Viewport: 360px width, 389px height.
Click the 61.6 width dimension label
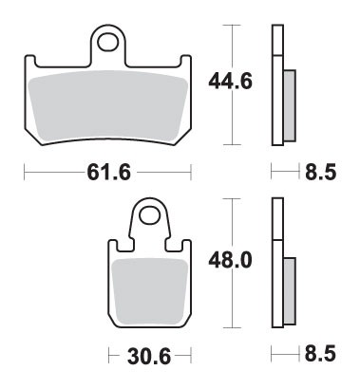(x=107, y=174)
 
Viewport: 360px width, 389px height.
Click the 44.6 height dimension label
(x=229, y=83)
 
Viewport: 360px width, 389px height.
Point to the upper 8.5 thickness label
(x=318, y=174)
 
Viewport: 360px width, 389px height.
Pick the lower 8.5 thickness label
(x=318, y=356)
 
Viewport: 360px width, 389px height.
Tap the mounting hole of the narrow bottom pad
(x=149, y=214)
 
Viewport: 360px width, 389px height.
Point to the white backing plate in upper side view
(x=277, y=85)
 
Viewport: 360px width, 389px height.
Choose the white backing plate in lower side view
(x=277, y=266)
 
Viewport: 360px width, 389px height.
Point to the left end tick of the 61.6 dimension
(x=23, y=174)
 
